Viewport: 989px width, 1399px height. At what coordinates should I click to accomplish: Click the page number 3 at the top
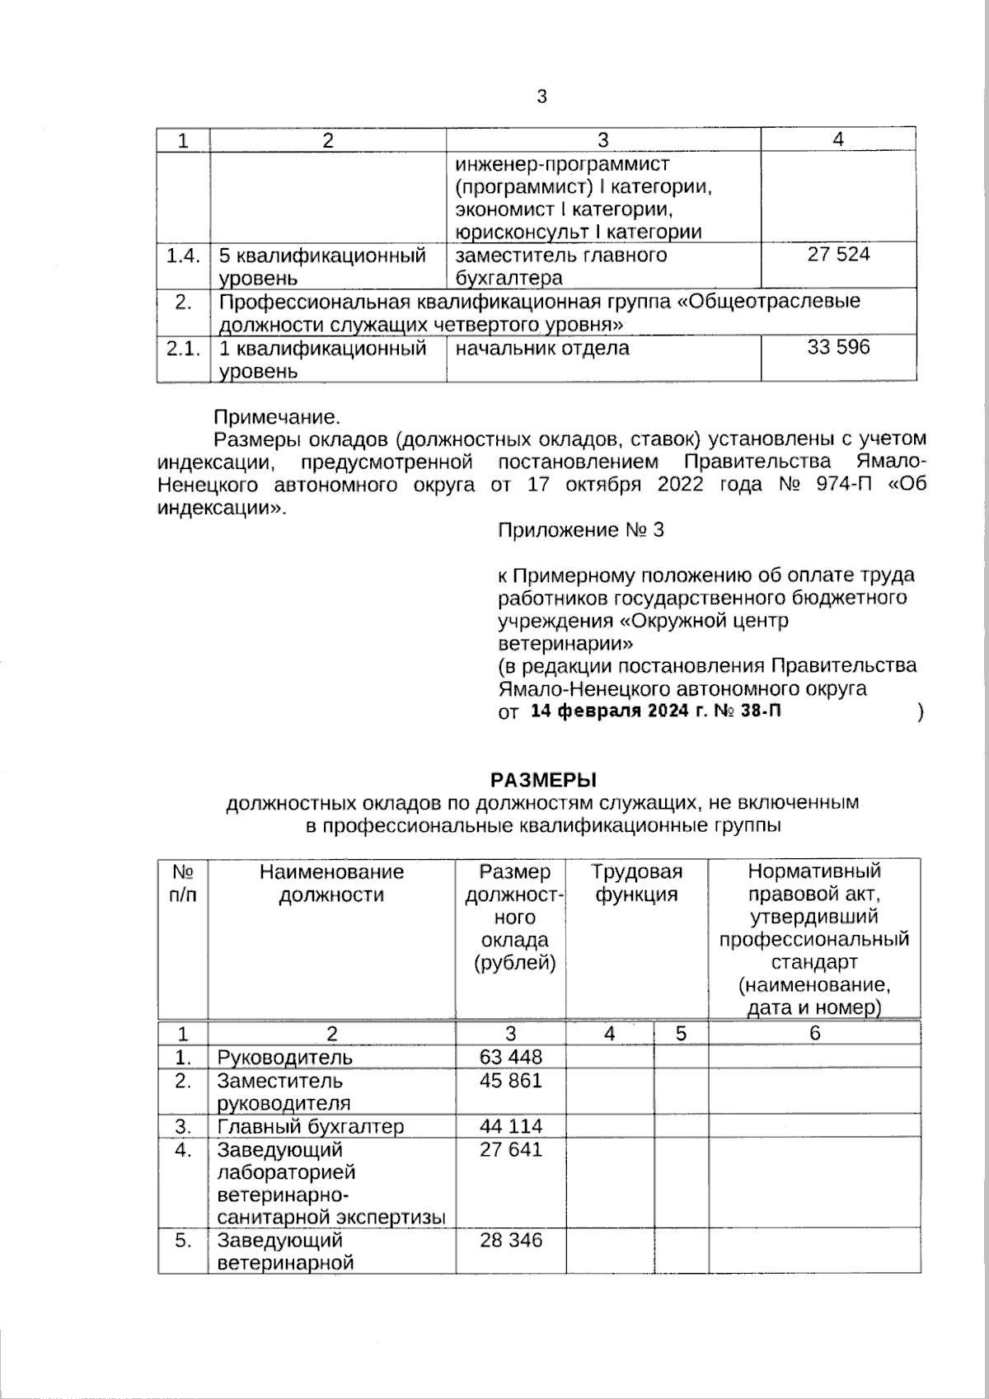point(541,97)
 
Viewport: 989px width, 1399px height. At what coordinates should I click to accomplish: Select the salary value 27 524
point(838,255)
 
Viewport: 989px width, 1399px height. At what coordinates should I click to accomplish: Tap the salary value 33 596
point(838,347)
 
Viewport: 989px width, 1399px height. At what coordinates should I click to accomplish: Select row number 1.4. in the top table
point(182,256)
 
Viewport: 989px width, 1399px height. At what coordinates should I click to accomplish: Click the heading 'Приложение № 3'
point(580,530)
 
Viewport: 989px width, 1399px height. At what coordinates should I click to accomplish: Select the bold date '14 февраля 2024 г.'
point(618,711)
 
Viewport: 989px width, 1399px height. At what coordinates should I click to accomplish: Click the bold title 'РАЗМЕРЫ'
point(543,779)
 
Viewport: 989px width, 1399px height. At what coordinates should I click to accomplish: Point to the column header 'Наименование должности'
point(331,883)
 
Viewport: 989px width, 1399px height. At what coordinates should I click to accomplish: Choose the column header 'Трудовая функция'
point(636,883)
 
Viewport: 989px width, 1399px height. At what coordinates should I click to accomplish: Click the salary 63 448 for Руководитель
point(510,1057)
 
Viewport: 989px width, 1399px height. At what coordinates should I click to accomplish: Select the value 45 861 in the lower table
point(510,1080)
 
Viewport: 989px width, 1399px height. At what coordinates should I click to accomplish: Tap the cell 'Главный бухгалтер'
point(310,1127)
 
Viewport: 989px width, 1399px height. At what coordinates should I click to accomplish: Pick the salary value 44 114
point(510,1126)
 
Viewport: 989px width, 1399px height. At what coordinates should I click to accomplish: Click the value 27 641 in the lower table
point(510,1149)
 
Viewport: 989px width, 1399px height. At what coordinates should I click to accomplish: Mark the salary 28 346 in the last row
point(510,1240)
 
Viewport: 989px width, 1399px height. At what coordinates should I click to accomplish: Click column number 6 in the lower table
point(814,1034)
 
